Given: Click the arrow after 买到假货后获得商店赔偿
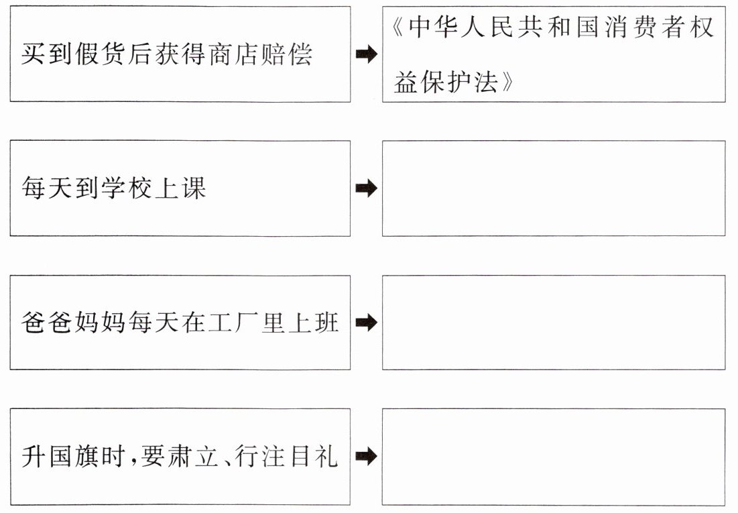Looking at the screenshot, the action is coord(366,55).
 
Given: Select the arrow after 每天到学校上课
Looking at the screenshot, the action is coord(366,188).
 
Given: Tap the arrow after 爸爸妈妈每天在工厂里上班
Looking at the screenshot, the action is coord(366,323).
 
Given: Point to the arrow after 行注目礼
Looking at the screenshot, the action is coord(366,457).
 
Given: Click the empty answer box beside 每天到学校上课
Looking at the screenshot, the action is coord(553,188).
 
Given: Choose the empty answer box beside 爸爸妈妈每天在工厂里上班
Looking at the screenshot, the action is coord(553,323).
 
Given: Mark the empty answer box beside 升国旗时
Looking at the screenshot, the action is coord(553,457).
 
